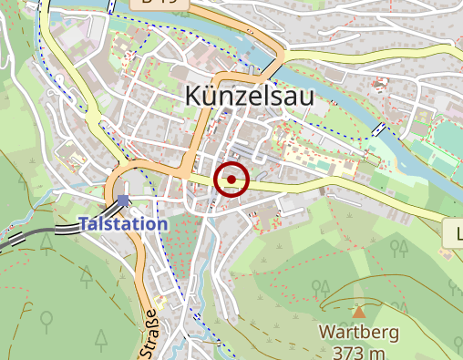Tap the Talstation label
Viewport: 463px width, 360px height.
123,223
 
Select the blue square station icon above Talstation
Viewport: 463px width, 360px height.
123,201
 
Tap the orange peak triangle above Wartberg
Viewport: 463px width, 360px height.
358,312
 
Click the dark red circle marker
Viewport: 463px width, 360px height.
231,180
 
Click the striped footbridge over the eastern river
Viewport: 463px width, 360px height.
380,130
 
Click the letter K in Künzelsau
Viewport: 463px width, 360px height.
193,95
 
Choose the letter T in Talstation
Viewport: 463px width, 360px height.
84,223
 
